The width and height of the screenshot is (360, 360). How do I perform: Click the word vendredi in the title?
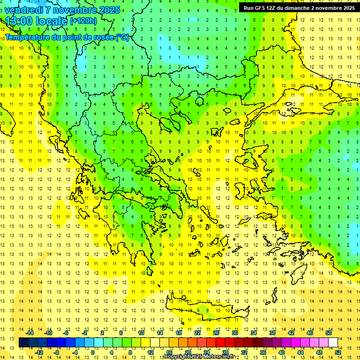(x=26, y=10)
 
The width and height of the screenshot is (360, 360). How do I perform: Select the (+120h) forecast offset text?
(x=83, y=21)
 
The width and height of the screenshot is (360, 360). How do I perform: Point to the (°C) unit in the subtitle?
(x=122, y=37)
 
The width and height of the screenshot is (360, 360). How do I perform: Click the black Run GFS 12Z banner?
(x=298, y=8)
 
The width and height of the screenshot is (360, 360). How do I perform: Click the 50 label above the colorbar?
(x=328, y=333)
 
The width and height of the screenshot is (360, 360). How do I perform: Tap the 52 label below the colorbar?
(x=338, y=352)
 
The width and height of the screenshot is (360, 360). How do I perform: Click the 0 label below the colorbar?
(x=93, y=352)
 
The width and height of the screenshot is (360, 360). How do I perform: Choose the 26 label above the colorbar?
(x=216, y=333)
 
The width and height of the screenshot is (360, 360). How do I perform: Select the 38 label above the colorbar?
(x=272, y=333)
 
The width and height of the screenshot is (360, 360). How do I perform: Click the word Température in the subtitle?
(x=27, y=37)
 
